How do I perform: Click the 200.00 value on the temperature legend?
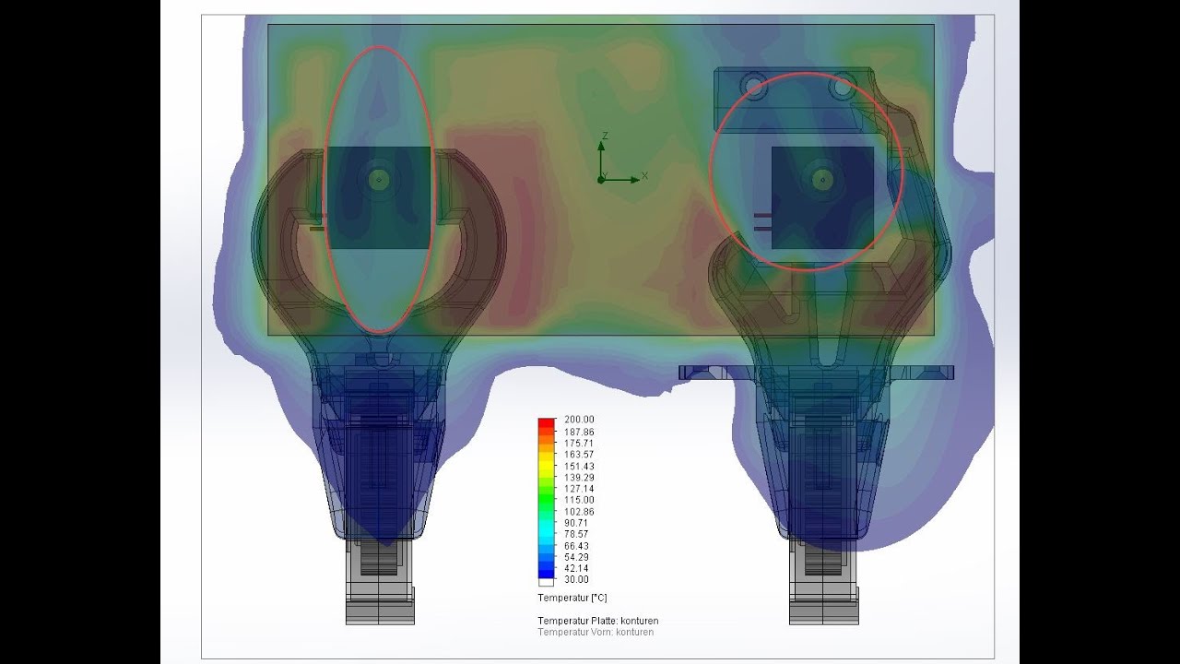(x=579, y=420)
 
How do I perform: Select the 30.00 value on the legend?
(x=576, y=579)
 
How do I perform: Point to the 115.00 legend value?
(x=579, y=500)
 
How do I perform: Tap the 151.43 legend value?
(x=579, y=466)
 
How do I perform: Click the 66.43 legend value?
(x=576, y=545)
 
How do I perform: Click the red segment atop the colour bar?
(x=547, y=423)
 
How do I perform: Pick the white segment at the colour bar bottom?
(x=547, y=582)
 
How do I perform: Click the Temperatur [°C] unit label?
(x=572, y=599)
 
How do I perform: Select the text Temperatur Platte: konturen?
(x=597, y=621)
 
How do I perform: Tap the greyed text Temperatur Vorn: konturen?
(x=596, y=632)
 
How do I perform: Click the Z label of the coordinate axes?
(x=604, y=136)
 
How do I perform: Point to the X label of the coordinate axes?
(x=644, y=175)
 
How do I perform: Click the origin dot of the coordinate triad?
(x=601, y=179)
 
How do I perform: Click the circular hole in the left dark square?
(x=378, y=179)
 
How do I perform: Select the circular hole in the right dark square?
(x=822, y=180)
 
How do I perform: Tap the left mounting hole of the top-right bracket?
(x=755, y=88)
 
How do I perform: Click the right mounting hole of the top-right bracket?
(x=841, y=89)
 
